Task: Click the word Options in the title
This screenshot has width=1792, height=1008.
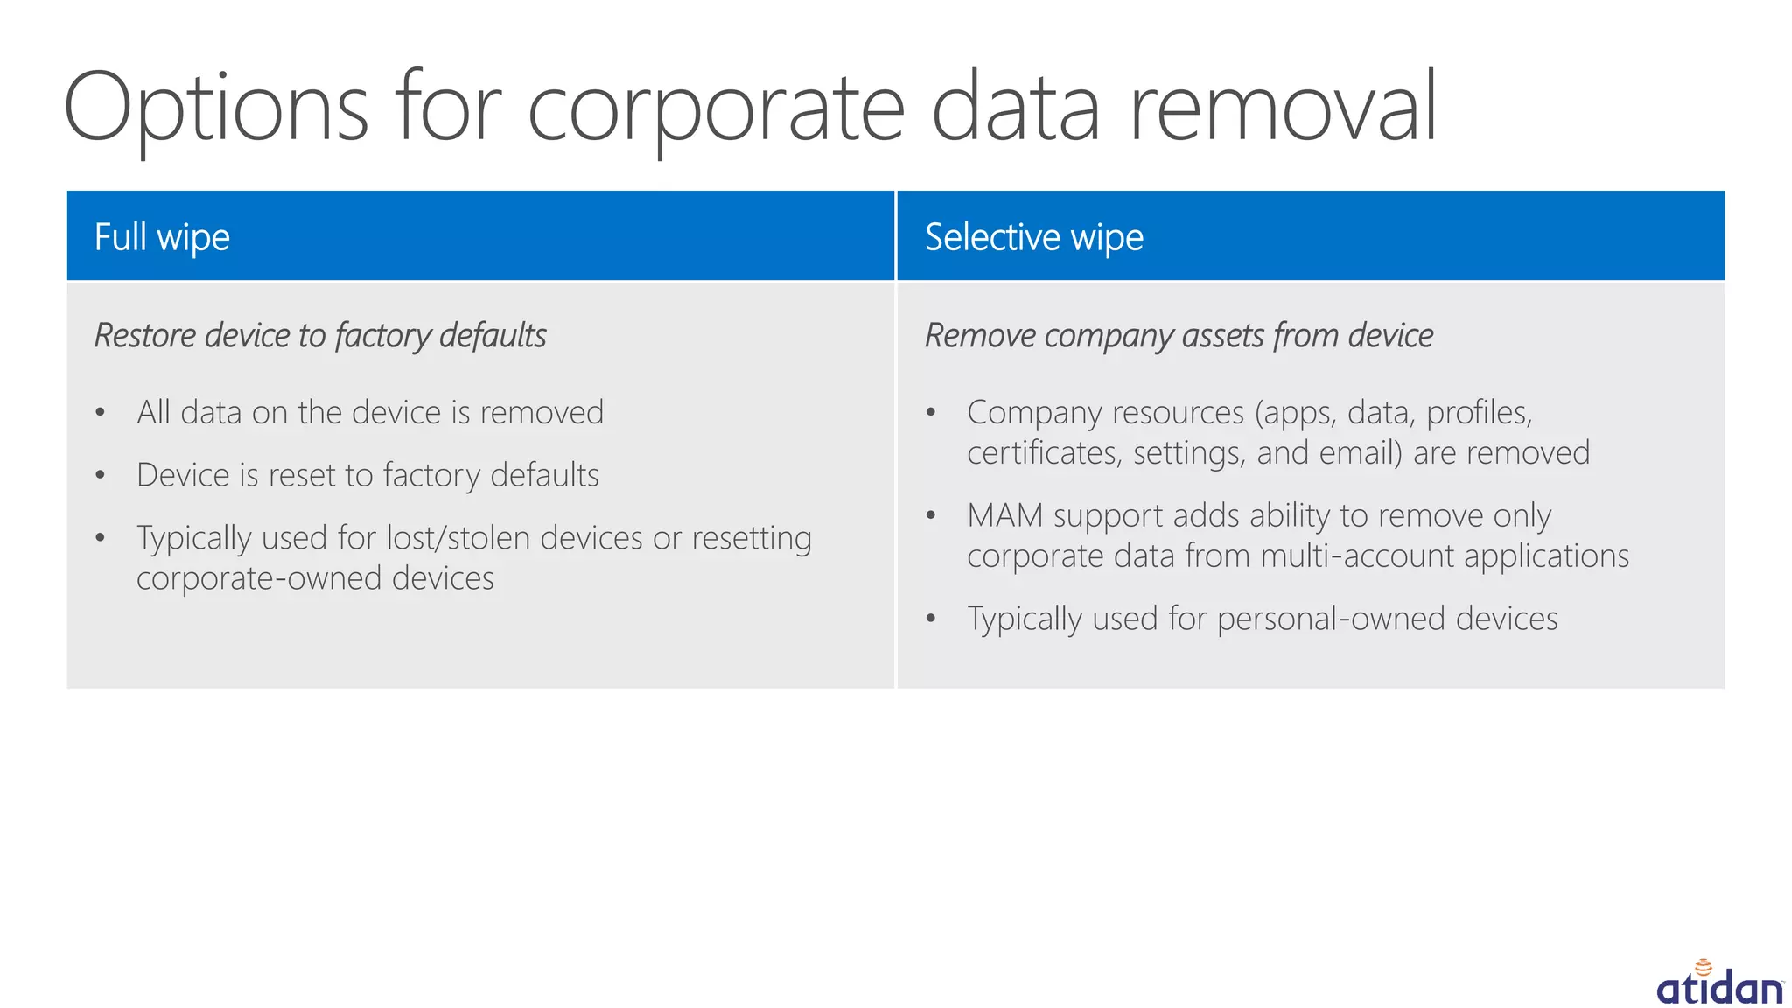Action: [x=215, y=109]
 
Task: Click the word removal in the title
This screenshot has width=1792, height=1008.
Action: [x=1283, y=109]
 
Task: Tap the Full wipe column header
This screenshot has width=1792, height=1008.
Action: [x=162, y=237]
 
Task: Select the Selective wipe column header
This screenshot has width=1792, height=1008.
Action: [x=1033, y=237]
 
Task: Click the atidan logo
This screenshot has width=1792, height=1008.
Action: [x=1718, y=984]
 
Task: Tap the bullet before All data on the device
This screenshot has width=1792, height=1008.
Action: [x=101, y=412]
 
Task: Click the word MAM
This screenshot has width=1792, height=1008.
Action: [x=1004, y=515]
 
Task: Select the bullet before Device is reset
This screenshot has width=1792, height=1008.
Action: [x=101, y=475]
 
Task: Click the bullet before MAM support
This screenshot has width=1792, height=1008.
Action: [x=931, y=515]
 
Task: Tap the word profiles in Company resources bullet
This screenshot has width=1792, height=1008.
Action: [x=1478, y=412]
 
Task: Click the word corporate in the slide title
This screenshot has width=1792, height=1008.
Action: [x=716, y=109]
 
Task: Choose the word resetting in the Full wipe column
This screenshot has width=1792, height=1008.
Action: [x=752, y=538]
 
